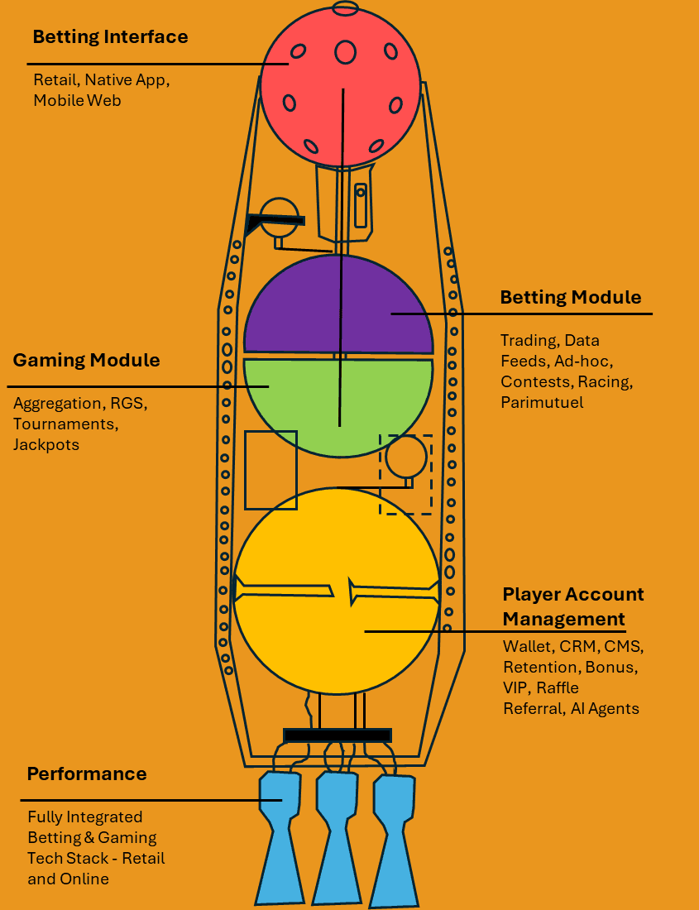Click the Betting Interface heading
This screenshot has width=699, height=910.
(110, 37)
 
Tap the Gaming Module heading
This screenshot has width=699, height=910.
(86, 361)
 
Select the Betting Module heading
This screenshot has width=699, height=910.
(570, 298)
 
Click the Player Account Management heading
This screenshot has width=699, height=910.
(572, 606)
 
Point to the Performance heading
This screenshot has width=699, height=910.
(87, 774)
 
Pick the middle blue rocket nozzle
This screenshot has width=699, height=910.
(336, 836)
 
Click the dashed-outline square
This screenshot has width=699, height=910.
(405, 475)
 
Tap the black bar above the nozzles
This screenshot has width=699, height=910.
(337, 735)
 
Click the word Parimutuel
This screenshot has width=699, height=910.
(542, 403)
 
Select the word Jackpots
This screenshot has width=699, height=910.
(46, 444)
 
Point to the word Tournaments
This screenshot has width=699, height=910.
(65, 424)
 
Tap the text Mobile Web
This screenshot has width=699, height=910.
(77, 100)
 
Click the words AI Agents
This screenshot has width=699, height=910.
(605, 708)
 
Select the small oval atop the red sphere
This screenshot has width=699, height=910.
(344, 8)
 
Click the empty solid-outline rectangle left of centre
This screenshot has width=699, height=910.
(271, 469)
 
